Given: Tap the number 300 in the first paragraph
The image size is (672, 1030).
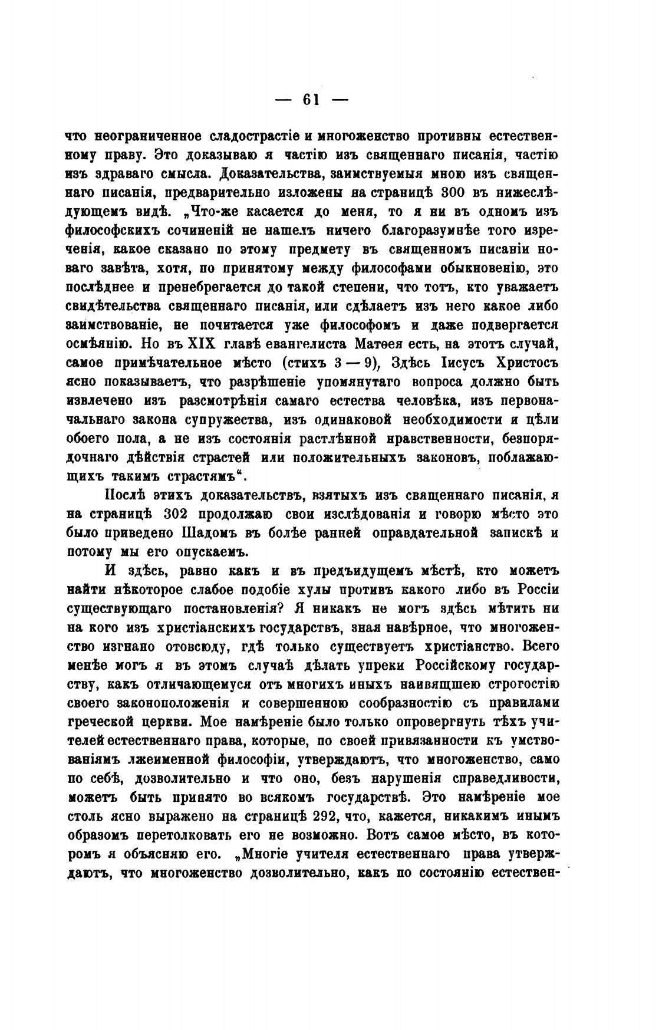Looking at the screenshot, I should [x=459, y=193].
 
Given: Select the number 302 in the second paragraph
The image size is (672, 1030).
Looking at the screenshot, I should [x=171, y=514].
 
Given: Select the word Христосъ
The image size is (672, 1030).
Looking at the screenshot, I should [x=527, y=363].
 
